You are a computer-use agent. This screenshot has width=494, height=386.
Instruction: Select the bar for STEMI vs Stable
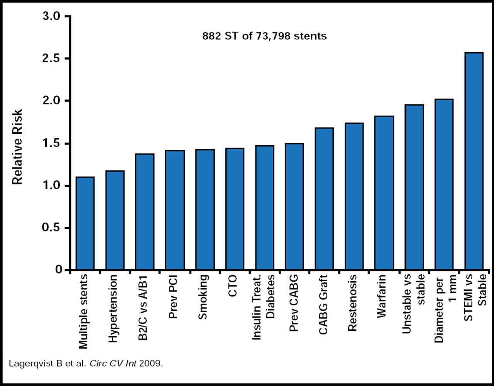[x=474, y=161]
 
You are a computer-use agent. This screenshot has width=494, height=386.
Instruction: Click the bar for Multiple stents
[x=85, y=223]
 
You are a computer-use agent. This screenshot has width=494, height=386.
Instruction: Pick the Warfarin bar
[x=384, y=193]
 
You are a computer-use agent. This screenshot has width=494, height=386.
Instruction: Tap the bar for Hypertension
[x=115, y=220]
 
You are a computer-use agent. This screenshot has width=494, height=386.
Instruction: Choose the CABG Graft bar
[x=324, y=199]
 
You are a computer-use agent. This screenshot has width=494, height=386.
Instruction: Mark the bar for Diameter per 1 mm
[x=444, y=184]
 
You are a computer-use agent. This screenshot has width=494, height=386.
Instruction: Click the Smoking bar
[x=205, y=209]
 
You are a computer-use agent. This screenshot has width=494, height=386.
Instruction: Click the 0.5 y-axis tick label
[x=51, y=228]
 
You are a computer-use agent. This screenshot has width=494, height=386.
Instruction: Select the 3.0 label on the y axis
[x=51, y=17]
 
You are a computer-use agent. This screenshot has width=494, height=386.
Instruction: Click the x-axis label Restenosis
[x=352, y=303]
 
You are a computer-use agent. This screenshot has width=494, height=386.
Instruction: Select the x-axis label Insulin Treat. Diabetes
[x=263, y=307]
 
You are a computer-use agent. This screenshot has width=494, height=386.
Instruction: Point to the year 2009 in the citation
[x=151, y=364]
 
